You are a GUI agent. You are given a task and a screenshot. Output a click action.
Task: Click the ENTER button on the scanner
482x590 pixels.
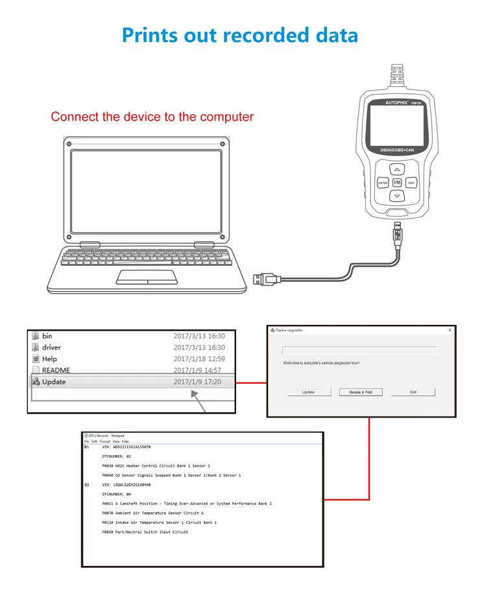[x=383, y=183]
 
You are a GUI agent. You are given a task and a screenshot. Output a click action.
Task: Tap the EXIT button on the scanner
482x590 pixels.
[x=411, y=183]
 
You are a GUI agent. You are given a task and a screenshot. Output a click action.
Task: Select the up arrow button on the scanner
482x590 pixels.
[x=397, y=169]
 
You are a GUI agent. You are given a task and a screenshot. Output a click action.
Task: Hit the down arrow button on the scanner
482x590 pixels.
[x=397, y=196]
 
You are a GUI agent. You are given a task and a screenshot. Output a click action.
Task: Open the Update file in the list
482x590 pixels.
[x=54, y=382]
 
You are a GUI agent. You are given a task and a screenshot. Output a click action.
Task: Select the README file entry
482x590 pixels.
[x=56, y=370]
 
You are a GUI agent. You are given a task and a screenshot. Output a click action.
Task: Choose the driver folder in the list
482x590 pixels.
[x=51, y=348]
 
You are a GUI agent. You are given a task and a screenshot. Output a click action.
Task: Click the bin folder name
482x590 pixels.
[x=47, y=336]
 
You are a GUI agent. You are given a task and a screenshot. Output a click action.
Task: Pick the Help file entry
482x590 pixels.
[x=50, y=359]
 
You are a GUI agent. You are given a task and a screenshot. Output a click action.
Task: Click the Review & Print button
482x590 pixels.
[x=361, y=392]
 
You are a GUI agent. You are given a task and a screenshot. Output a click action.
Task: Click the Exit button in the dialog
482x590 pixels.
[x=413, y=392]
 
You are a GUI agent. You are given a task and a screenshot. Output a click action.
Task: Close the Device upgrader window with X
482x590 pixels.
[x=450, y=330]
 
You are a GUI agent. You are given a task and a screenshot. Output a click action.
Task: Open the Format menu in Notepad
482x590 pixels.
[x=104, y=442]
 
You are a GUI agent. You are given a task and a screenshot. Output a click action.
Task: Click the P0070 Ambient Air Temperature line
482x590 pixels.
[x=152, y=513]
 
